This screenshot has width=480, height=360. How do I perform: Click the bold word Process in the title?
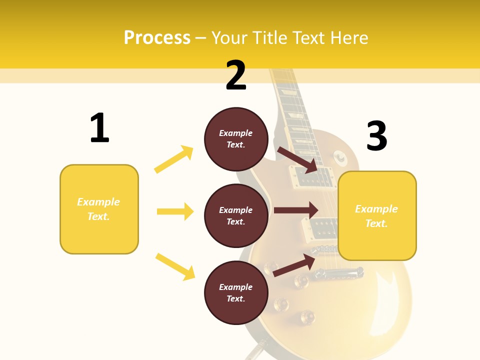tap(157, 38)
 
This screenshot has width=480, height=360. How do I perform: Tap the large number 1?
tap(99, 128)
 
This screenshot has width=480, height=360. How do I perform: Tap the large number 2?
tap(236, 75)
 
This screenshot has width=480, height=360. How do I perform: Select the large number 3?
tap(376, 136)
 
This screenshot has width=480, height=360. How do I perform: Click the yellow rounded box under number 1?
tap(99, 209)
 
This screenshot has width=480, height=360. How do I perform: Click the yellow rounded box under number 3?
tap(377, 216)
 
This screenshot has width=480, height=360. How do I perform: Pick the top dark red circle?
tap(236, 139)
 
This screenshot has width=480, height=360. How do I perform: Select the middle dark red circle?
tap(236, 215)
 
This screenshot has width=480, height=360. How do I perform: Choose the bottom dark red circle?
tap(236, 292)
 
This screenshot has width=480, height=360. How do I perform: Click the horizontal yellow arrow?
tap(175, 211)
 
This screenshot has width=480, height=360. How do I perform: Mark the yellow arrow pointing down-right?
tap(175, 266)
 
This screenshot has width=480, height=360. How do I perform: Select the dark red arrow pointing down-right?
tap(298, 159)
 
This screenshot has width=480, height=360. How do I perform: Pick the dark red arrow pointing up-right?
tap(294, 265)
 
